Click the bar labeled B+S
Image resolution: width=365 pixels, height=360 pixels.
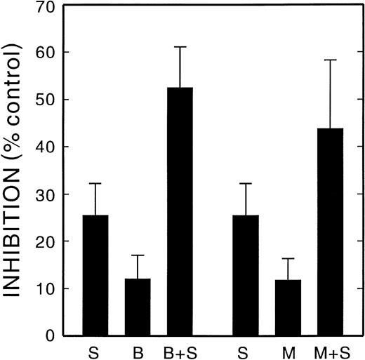180,211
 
